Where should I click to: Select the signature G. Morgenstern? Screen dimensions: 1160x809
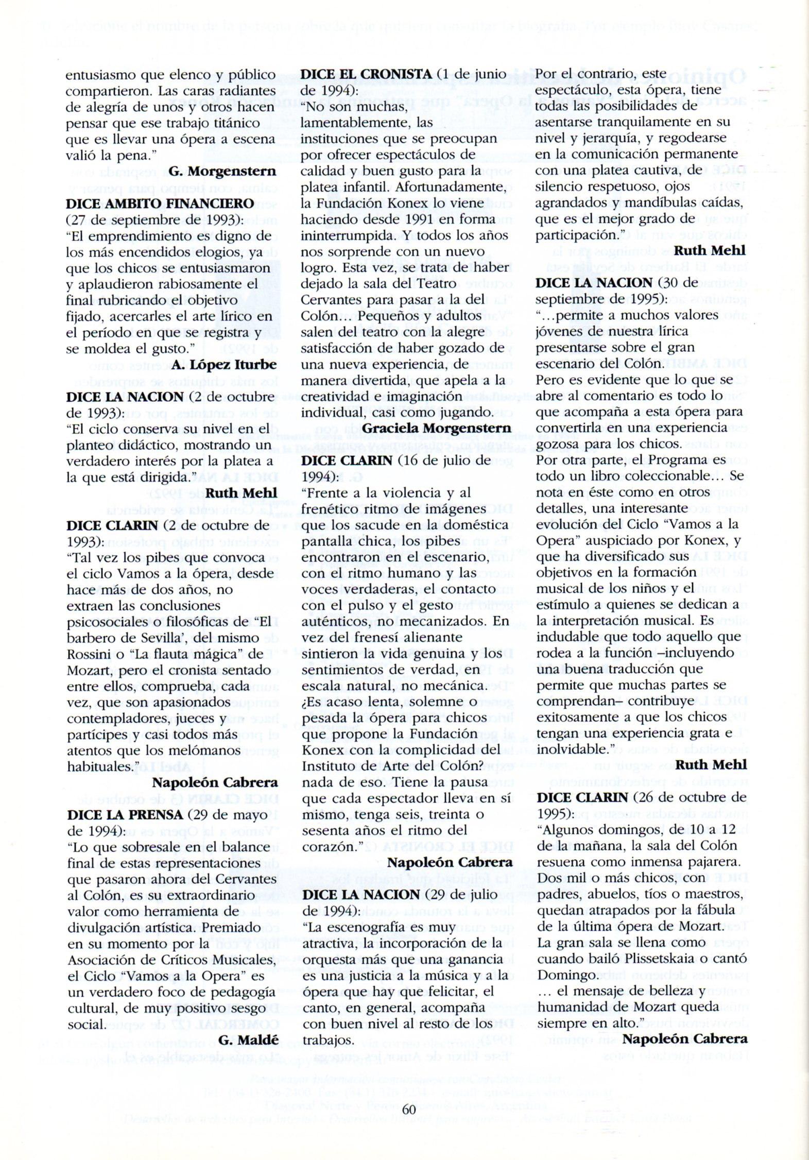[222, 172]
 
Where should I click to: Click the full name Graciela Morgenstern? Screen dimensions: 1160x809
[437, 428]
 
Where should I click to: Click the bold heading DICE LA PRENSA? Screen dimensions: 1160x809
[125, 815]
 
